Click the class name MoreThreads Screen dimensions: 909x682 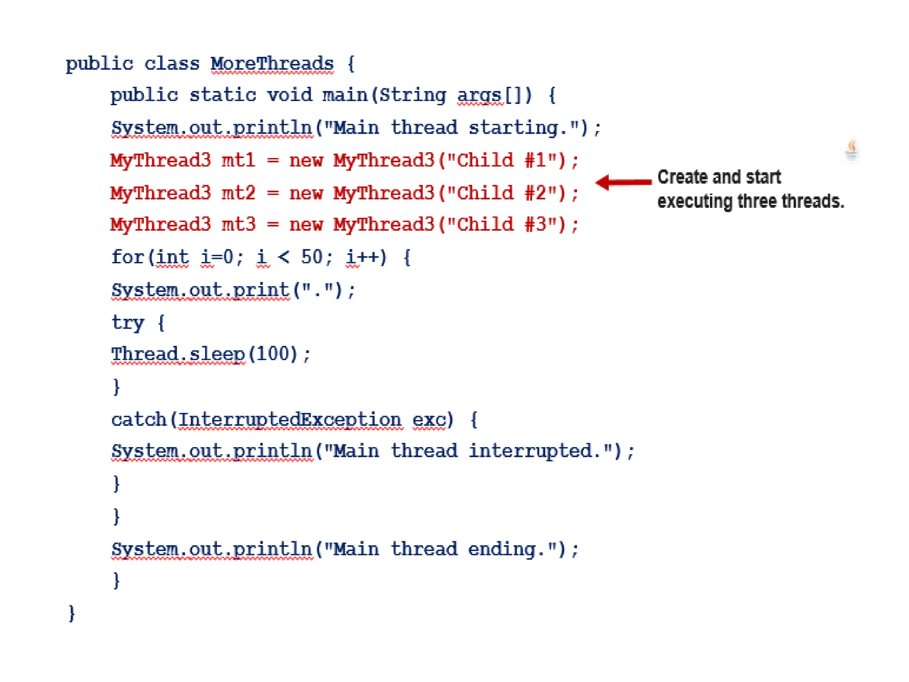[x=272, y=64]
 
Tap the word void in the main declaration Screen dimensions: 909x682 [x=289, y=95]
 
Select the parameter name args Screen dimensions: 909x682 [x=479, y=95]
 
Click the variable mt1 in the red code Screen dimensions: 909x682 [x=238, y=160]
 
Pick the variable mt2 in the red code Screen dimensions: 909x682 [x=238, y=193]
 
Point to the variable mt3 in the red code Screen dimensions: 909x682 [x=238, y=225]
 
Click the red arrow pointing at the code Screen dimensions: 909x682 [x=623, y=182]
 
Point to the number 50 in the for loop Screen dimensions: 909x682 [x=312, y=257]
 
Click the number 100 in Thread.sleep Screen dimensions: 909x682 [x=273, y=354]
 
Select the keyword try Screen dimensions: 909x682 [x=128, y=323]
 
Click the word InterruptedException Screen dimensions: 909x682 [x=290, y=420]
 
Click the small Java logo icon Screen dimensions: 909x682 [x=852, y=150]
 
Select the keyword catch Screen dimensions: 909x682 [x=138, y=420]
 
